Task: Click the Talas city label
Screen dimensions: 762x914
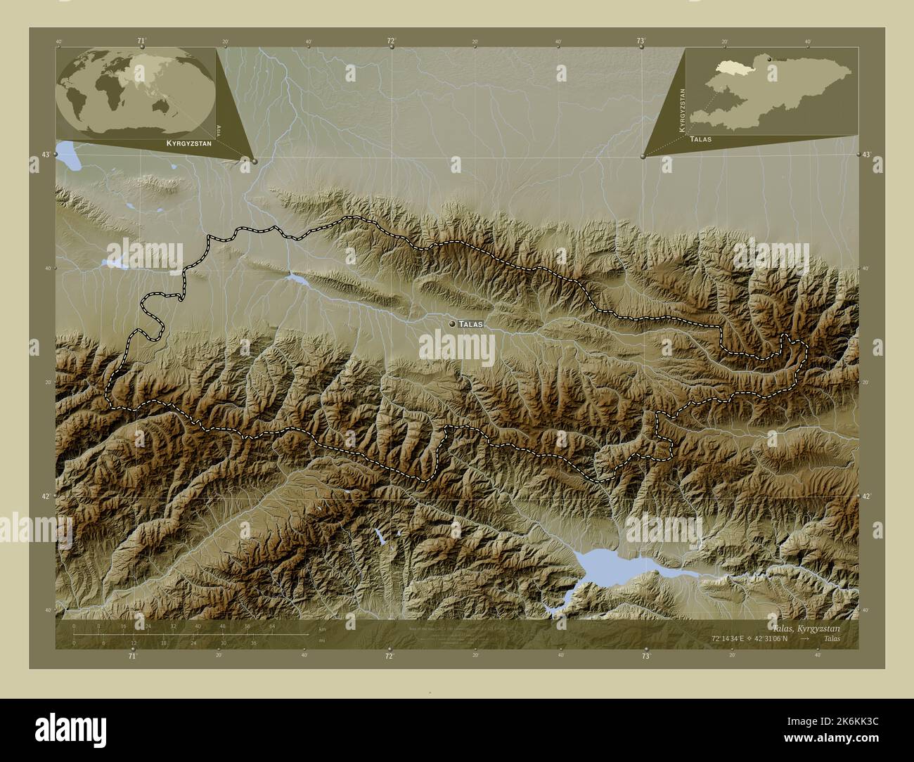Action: click(x=470, y=324)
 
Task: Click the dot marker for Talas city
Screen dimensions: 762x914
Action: click(x=451, y=323)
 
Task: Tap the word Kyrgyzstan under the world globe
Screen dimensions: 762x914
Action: click(x=188, y=143)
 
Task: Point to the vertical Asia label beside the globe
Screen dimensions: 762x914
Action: click(x=220, y=129)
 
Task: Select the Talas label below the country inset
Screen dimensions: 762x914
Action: click(x=701, y=139)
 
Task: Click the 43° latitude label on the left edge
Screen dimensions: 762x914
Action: click(x=46, y=154)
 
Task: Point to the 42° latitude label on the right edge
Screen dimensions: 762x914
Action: click(x=866, y=496)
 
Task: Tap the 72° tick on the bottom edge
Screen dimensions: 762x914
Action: click(x=389, y=654)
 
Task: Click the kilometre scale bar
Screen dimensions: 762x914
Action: click(x=190, y=634)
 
